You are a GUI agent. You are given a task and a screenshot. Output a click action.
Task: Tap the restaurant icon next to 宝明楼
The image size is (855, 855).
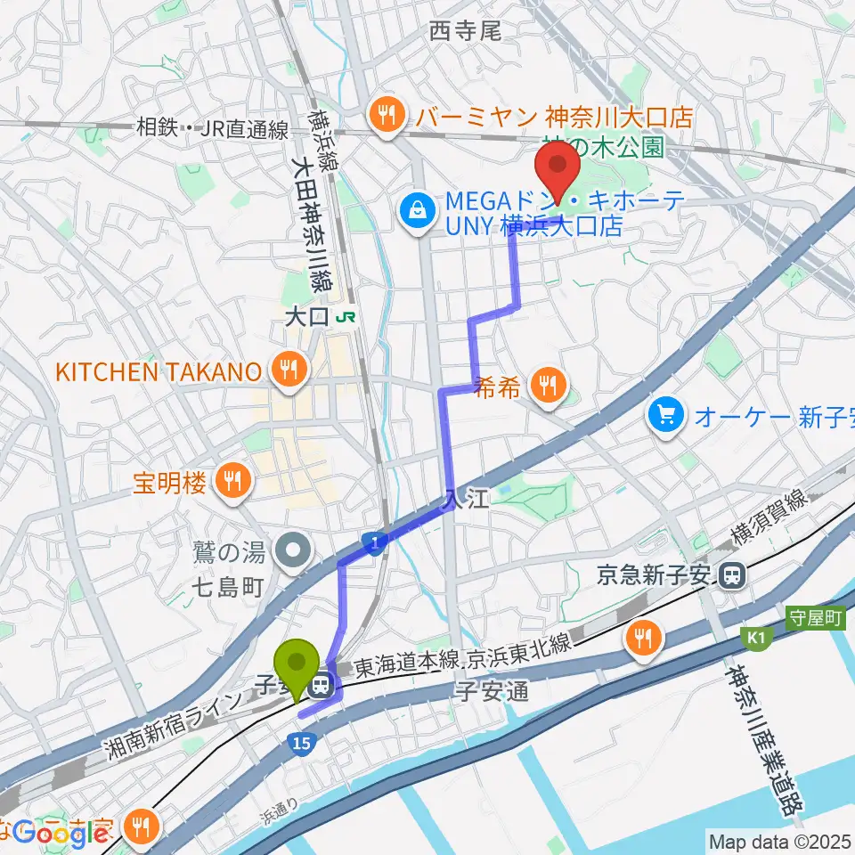tap(234, 482)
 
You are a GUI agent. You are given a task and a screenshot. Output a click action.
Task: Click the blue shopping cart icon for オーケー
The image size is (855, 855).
tap(666, 414)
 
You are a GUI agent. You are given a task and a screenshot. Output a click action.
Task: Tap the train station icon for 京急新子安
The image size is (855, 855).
tap(733, 576)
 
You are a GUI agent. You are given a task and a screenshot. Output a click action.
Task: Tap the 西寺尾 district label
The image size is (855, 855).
tap(466, 31)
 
